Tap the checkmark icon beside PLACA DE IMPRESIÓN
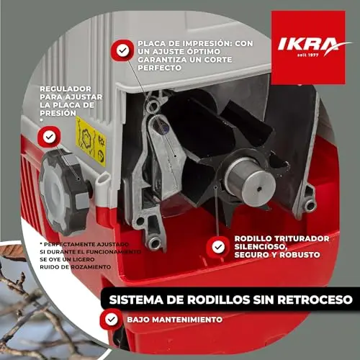[x=122, y=50]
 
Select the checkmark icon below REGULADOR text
[x=49, y=137]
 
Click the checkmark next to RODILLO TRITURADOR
[x=218, y=247]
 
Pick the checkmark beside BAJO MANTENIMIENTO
[x=112, y=320]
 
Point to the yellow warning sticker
[x=91, y=142]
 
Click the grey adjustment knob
[x=64, y=192]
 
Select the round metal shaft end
[x=251, y=181]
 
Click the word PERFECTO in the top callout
[x=159, y=68]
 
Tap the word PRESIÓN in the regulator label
[x=58, y=113]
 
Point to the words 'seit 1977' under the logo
[x=308, y=55]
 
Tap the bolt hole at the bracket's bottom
[x=154, y=243]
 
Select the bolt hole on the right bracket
[x=310, y=205]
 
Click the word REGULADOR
[x=66, y=89]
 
